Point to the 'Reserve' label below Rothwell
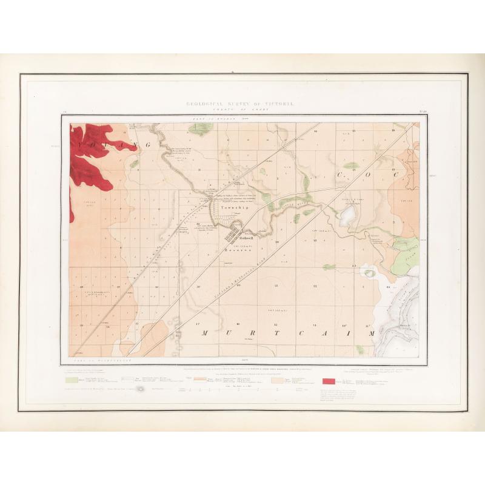[x=234, y=249]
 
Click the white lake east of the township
[x=348, y=215]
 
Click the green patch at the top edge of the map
[x=201, y=129]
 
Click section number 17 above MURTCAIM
[x=199, y=324]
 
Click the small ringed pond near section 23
[x=369, y=273]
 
